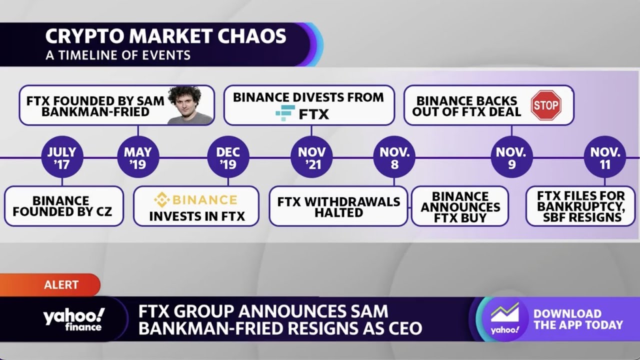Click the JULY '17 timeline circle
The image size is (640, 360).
point(62,157)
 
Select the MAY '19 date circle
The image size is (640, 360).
point(138,157)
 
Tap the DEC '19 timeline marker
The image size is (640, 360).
point(228,157)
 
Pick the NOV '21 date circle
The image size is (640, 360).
point(311,157)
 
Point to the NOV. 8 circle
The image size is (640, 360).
point(394,157)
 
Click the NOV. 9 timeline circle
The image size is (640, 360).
point(511,157)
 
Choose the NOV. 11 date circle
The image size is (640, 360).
point(605,157)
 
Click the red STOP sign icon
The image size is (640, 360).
point(545,105)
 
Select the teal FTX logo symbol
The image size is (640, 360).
point(285,113)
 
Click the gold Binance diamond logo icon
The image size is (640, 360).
point(162,200)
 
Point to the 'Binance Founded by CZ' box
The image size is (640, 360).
point(63,206)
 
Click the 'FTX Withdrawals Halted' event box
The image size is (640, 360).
point(338,206)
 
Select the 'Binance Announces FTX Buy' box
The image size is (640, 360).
point(459,206)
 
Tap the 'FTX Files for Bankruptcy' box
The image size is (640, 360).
point(580,206)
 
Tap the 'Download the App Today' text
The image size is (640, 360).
point(577,319)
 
